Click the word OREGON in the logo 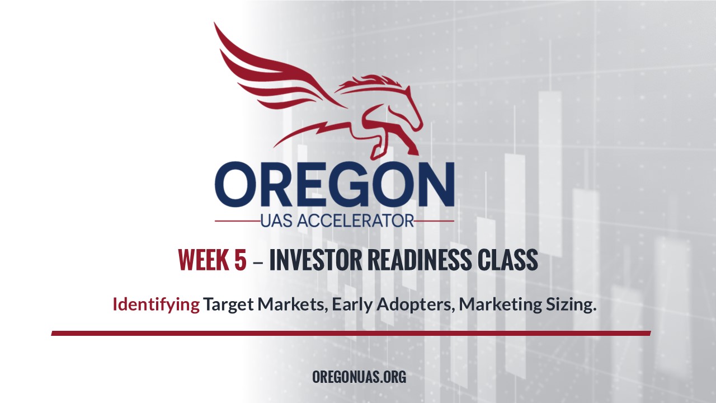335,185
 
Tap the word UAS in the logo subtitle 276,221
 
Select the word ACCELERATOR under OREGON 355,221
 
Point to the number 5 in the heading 241,260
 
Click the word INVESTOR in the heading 316,260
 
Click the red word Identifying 156,305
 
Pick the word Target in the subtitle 229,305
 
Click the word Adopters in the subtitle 416,305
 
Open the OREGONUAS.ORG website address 359,377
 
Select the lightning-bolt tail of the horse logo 307,132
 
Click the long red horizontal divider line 351,333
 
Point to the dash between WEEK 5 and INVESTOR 258,262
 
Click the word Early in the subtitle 352,305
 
